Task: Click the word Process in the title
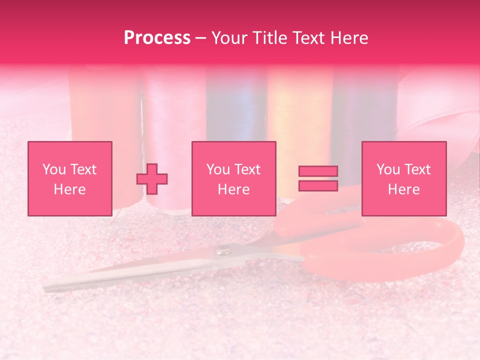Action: point(157,38)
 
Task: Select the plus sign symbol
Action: point(152,179)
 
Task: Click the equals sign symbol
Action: point(318,178)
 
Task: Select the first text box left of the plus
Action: point(70,179)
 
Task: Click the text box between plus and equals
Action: point(234,179)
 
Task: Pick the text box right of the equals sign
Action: point(404,179)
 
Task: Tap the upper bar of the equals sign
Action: point(318,171)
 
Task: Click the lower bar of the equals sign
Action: point(318,186)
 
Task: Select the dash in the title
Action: point(200,38)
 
